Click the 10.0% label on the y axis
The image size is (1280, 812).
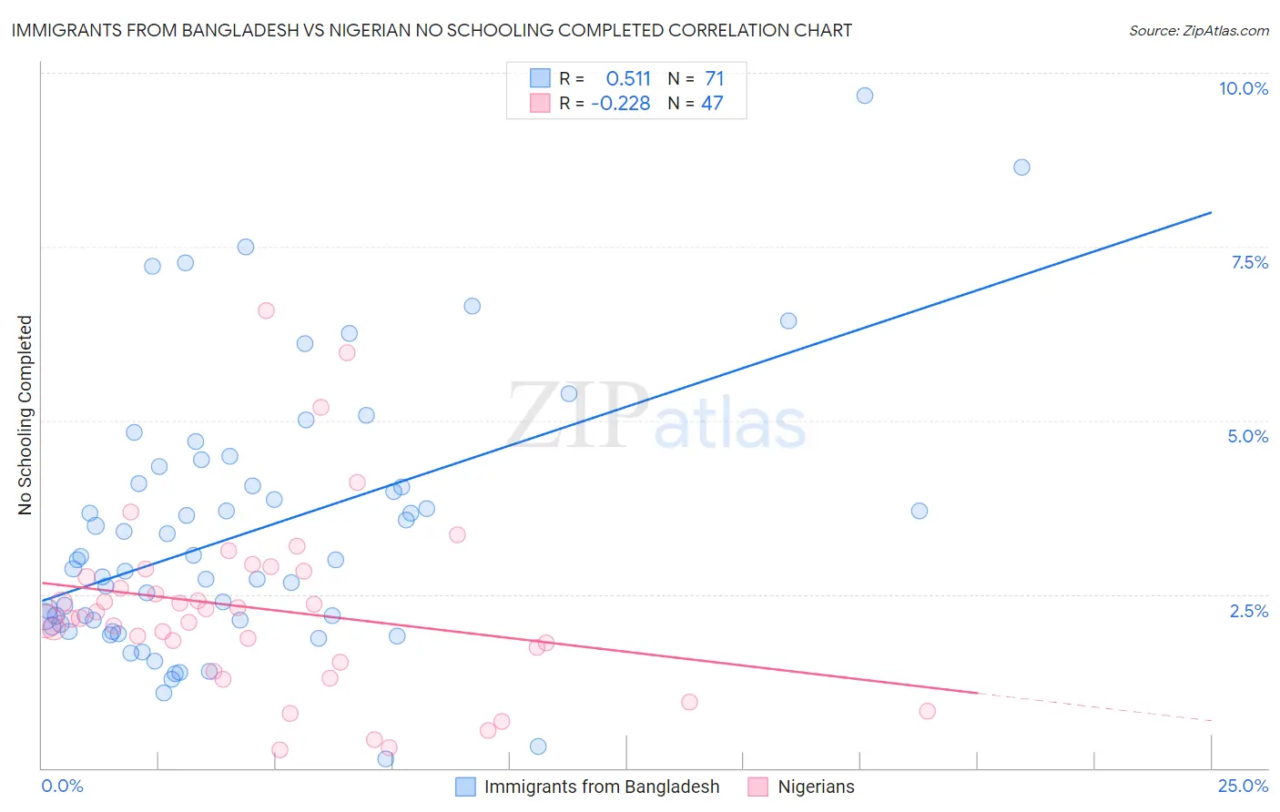(1243, 88)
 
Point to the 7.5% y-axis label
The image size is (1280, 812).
(1249, 262)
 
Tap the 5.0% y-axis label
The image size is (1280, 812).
(1247, 436)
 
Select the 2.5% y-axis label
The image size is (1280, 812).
(1248, 611)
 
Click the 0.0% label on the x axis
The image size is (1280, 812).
(62, 786)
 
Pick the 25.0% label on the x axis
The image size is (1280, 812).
(1243, 786)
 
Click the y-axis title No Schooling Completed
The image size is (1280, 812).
(25, 415)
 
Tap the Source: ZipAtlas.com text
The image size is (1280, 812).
(1198, 30)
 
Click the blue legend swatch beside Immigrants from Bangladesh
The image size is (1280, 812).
(465, 787)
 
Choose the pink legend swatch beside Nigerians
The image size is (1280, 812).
(758, 787)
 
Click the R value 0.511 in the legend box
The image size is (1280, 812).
(628, 78)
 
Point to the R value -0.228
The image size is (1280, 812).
(620, 104)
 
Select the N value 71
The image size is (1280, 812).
(714, 78)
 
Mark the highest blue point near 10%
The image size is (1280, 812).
(865, 96)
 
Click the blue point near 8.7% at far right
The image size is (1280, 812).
(1021, 167)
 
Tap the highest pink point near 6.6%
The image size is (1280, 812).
(266, 310)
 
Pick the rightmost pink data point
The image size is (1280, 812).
(927, 711)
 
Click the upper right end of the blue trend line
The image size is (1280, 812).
(1211, 212)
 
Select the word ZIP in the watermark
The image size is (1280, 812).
(577, 415)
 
